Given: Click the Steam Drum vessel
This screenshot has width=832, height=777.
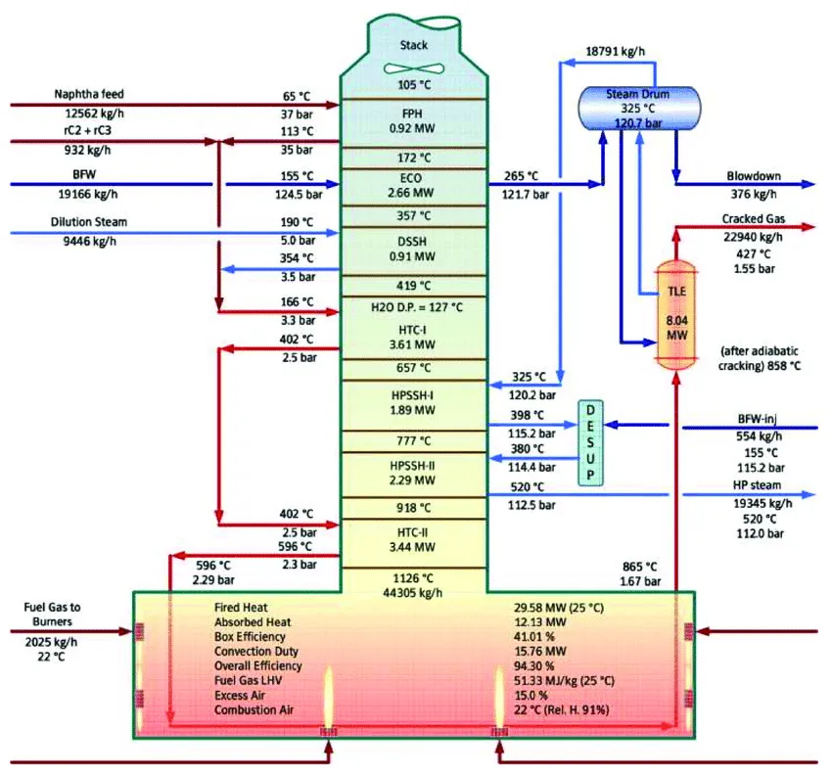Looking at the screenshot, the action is pyautogui.click(x=639, y=109).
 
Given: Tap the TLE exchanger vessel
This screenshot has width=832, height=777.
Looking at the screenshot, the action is pyautogui.click(x=676, y=313).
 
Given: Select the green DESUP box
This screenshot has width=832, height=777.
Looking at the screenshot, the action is pyautogui.click(x=590, y=443).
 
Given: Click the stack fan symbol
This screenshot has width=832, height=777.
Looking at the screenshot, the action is pyautogui.click(x=414, y=69).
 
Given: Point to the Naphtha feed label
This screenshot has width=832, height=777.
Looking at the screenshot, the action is pyautogui.click(x=89, y=94).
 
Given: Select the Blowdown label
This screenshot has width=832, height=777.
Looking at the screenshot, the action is pyautogui.click(x=754, y=176).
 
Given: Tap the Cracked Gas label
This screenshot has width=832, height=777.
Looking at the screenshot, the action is pyautogui.click(x=753, y=218).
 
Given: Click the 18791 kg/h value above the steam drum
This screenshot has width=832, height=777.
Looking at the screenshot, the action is pyautogui.click(x=615, y=52).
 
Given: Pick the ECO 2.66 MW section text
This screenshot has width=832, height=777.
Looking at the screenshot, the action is pyautogui.click(x=411, y=185).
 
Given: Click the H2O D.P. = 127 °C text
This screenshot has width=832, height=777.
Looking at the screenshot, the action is pyautogui.click(x=417, y=307).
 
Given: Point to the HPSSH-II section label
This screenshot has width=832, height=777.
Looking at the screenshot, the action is pyautogui.click(x=412, y=466).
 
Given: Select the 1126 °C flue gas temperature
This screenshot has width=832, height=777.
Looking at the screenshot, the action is pyautogui.click(x=413, y=578).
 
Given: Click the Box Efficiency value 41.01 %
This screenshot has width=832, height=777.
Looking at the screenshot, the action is pyautogui.click(x=533, y=636).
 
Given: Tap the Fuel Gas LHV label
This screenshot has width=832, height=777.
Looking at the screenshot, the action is pyautogui.click(x=248, y=680).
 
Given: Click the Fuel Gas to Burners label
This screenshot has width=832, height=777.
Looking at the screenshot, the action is pyautogui.click(x=52, y=615).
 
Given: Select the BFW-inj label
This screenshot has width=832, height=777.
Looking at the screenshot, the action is pyautogui.click(x=758, y=419).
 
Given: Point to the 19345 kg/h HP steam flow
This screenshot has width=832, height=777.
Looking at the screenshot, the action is pyautogui.click(x=763, y=503).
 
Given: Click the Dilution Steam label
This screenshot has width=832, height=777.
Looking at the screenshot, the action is pyautogui.click(x=89, y=222).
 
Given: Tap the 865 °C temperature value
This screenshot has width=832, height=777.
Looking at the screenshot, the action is pyautogui.click(x=639, y=567).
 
